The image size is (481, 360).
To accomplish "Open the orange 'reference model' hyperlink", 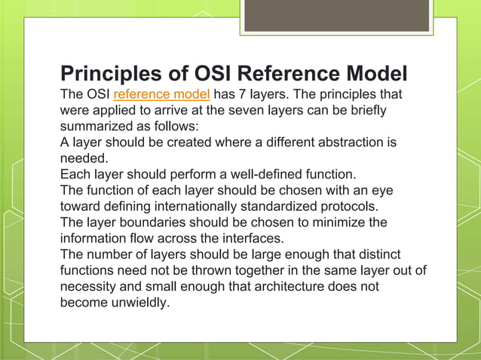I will point(161,95).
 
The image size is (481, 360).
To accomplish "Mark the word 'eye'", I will point(381,190).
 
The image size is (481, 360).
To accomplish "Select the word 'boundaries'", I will point(155,222).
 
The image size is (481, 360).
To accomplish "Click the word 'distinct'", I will point(375,255).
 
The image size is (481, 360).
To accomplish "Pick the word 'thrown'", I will point(213,270).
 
